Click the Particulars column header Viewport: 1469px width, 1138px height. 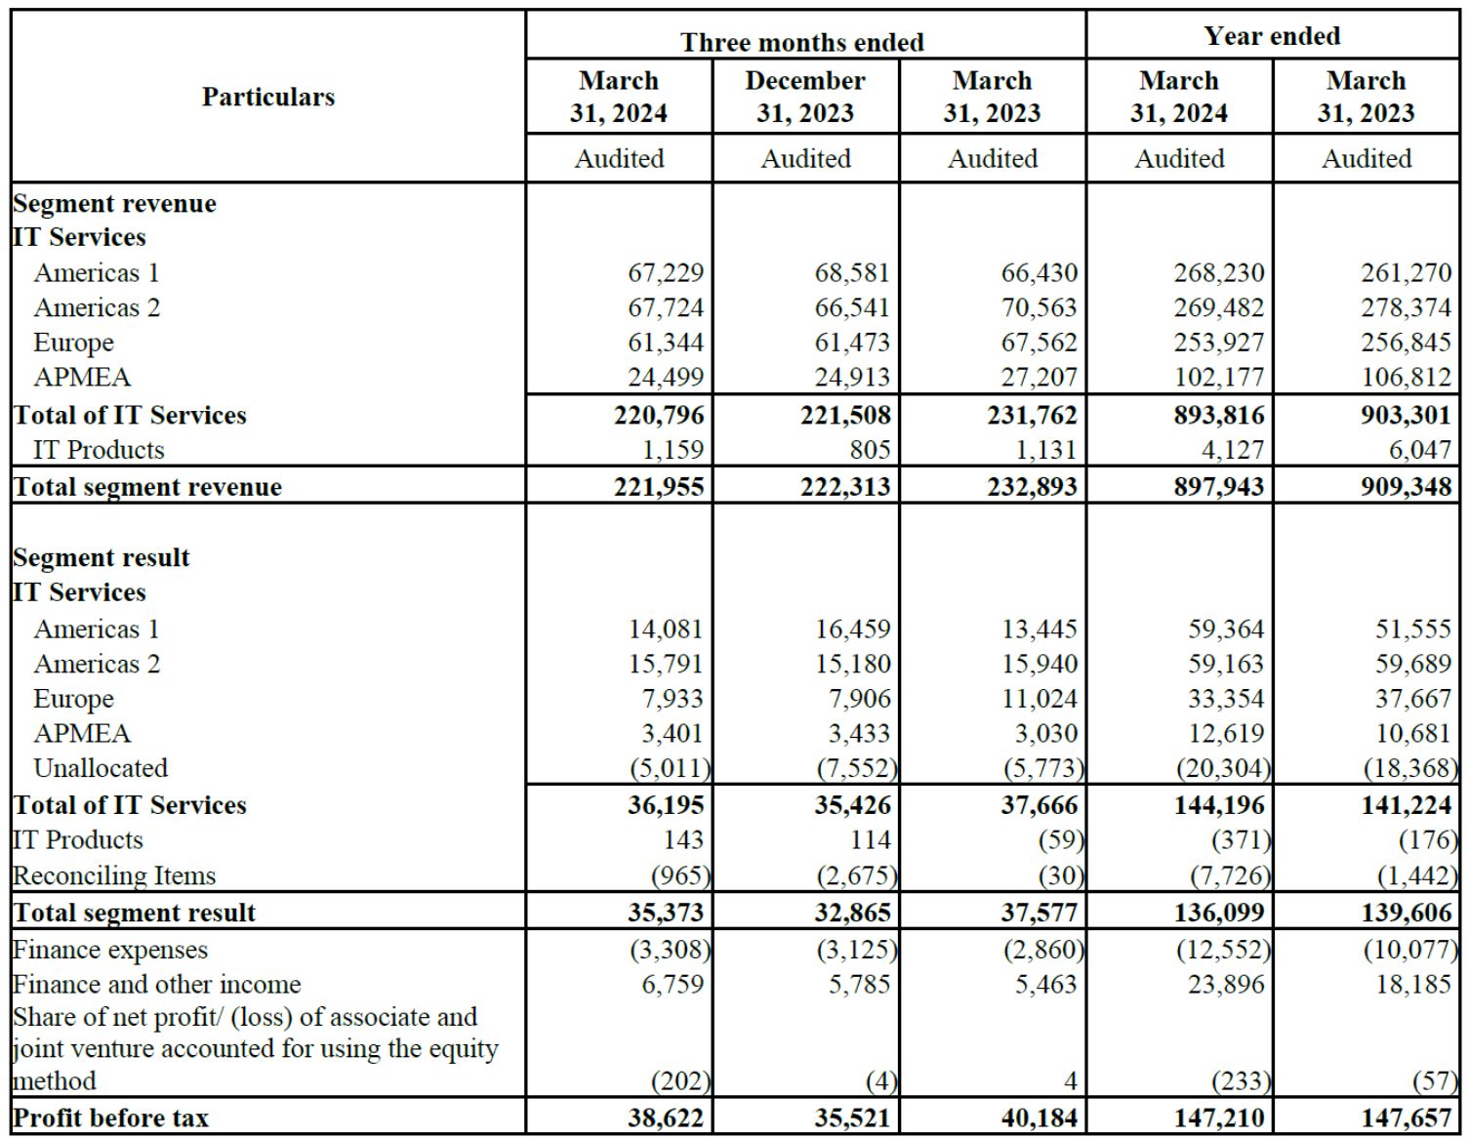[268, 97]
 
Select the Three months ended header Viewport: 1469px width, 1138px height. [802, 42]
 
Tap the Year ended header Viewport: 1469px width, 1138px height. [1272, 36]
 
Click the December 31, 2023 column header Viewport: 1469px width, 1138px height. [805, 97]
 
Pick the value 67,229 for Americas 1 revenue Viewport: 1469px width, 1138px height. [665, 273]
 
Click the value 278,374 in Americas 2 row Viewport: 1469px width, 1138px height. [1406, 308]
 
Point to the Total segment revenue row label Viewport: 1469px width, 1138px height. [147, 486]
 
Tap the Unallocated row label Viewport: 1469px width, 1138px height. [101, 768]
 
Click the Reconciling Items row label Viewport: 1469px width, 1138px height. [114, 875]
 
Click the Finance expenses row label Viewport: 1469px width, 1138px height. [110, 950]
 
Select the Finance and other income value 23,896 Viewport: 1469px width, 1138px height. [1226, 985]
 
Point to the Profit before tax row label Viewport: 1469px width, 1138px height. [110, 1118]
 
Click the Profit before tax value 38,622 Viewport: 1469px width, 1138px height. [665, 1118]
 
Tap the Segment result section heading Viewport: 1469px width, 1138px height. [102, 557]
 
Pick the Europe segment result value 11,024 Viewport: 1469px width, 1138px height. [1039, 699]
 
